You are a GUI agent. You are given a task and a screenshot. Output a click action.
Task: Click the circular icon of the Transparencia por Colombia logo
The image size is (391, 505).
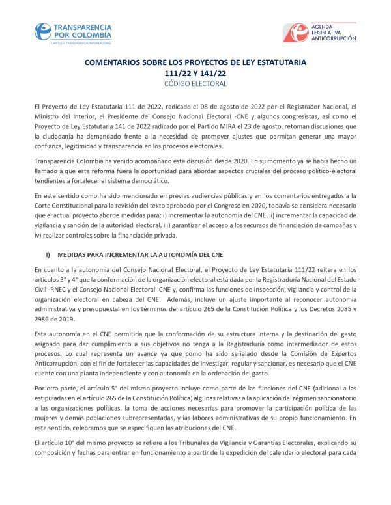coord(44,31)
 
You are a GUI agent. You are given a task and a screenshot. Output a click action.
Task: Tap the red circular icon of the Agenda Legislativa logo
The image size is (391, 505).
coord(299,32)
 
